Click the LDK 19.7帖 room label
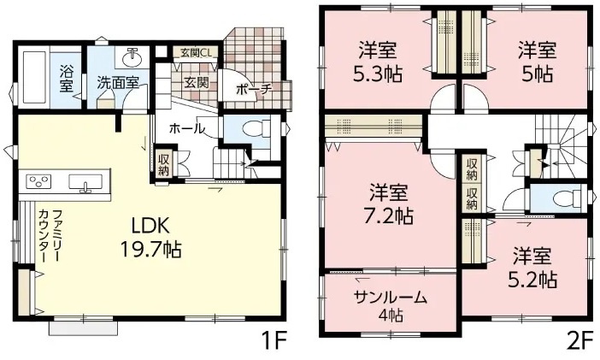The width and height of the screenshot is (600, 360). point(150,238)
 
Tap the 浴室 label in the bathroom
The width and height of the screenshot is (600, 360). point(66,80)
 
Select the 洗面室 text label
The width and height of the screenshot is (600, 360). point(117,83)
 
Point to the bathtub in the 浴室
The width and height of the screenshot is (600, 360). point(35,77)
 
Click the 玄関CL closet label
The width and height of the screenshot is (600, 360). point(195,52)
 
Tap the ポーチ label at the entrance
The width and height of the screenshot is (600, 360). point(254,90)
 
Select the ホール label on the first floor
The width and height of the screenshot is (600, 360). point(187,128)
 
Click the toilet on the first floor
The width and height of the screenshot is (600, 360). point(256,128)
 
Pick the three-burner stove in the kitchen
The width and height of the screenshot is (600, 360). point(38,180)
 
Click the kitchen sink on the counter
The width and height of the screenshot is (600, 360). point(85,182)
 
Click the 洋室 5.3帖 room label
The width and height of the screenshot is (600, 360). point(378,62)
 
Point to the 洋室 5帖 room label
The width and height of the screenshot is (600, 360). point(537,62)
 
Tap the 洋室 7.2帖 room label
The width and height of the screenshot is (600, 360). point(388,204)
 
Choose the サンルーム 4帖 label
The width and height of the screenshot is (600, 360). point(391,305)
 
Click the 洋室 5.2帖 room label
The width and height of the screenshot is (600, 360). point(532,268)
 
